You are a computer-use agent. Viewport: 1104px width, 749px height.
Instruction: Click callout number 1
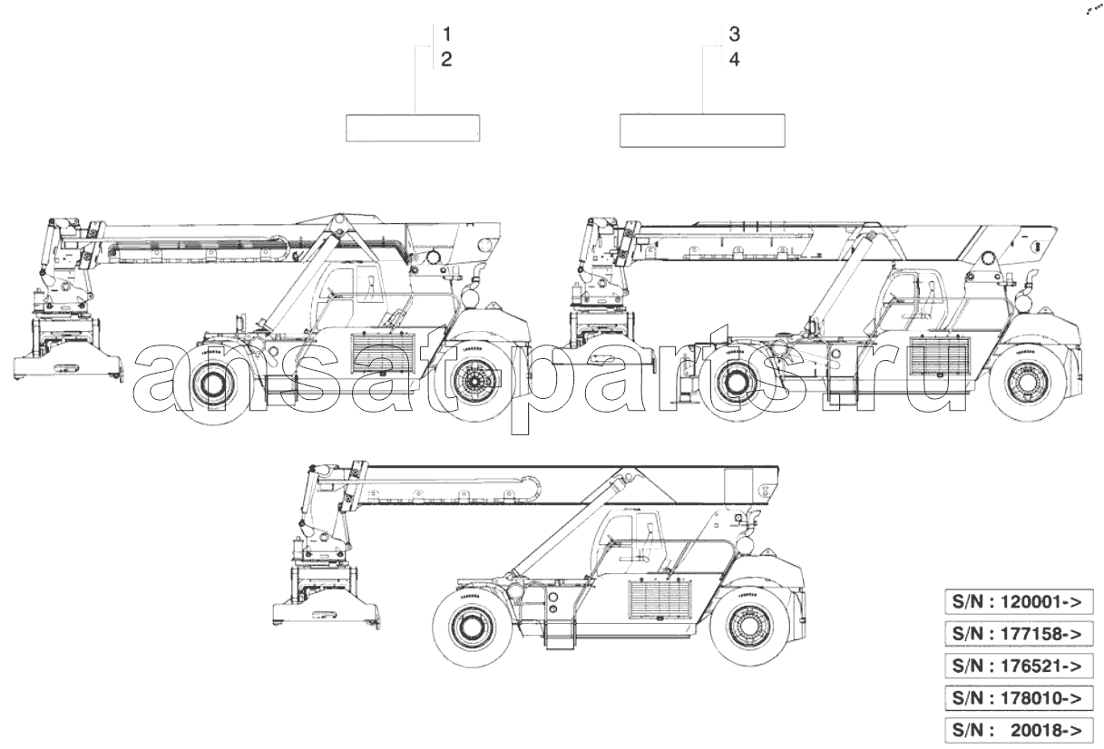447,34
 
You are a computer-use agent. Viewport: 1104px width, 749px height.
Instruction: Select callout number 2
446,60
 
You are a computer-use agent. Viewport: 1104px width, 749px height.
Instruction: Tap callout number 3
735,34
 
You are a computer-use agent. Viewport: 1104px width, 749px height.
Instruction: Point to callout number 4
735,60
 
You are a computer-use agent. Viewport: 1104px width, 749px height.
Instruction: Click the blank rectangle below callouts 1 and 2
413,128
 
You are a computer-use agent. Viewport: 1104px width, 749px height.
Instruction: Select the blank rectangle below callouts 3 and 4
702,131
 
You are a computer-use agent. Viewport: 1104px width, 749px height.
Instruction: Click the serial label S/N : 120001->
1020,602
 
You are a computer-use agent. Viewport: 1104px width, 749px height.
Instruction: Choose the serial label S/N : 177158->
1020,634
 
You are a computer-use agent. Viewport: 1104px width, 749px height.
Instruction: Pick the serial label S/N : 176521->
1020,666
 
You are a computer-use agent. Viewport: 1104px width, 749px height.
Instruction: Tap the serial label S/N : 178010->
1020,697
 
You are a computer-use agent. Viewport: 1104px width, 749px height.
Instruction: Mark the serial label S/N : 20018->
1020,730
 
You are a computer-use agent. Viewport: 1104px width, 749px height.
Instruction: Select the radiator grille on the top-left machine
383,354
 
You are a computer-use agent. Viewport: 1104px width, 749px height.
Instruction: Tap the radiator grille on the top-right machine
940,355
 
